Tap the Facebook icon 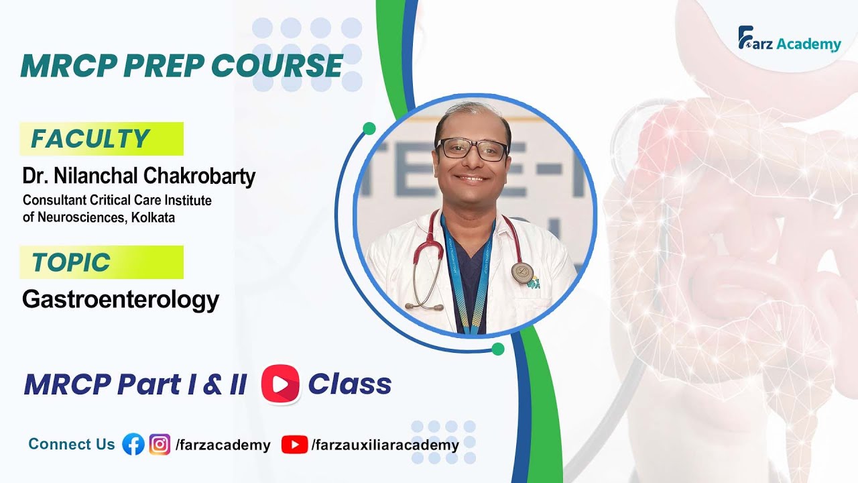[133, 444]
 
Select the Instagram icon [160, 444]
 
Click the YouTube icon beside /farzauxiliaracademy [294, 444]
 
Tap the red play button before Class [280, 384]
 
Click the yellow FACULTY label [101, 139]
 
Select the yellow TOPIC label [101, 262]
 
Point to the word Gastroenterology [121, 299]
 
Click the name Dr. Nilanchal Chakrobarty [139, 176]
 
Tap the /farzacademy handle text [223, 445]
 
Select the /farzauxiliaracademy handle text [385, 445]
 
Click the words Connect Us [72, 444]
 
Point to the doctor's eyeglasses [472, 149]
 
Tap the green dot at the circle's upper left [369, 128]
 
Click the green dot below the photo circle [497, 349]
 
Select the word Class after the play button [349, 384]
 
